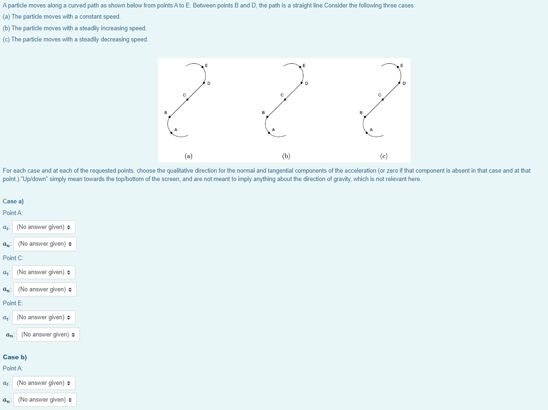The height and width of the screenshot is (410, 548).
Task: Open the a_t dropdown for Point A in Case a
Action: click(44, 227)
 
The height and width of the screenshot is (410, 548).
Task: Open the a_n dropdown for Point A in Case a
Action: click(45, 244)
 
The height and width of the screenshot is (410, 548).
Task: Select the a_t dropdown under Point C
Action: click(44, 272)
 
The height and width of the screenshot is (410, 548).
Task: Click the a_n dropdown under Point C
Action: click(45, 289)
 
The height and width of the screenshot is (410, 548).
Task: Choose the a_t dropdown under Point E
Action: click(44, 317)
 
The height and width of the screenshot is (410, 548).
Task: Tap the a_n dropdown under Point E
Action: click(48, 335)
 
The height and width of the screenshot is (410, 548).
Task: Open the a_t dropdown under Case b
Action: click(44, 383)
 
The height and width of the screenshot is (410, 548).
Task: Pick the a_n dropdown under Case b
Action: click(45, 400)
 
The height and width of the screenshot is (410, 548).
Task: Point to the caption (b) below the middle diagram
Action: click(286, 156)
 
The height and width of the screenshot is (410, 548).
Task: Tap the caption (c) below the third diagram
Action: click(383, 156)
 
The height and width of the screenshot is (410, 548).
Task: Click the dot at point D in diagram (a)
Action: click(204, 83)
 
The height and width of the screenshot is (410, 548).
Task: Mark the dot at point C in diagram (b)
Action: click(285, 99)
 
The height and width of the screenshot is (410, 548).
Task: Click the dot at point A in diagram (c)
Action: click(367, 133)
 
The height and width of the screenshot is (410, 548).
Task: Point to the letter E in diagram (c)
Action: click(402, 65)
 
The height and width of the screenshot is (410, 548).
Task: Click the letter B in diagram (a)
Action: click(165, 112)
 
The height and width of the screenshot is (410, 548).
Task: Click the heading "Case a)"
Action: click(13, 201)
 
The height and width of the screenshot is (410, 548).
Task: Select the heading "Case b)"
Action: click(15, 357)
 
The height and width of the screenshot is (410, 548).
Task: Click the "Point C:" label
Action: click(13, 258)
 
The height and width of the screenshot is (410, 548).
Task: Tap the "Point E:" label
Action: click(13, 303)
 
